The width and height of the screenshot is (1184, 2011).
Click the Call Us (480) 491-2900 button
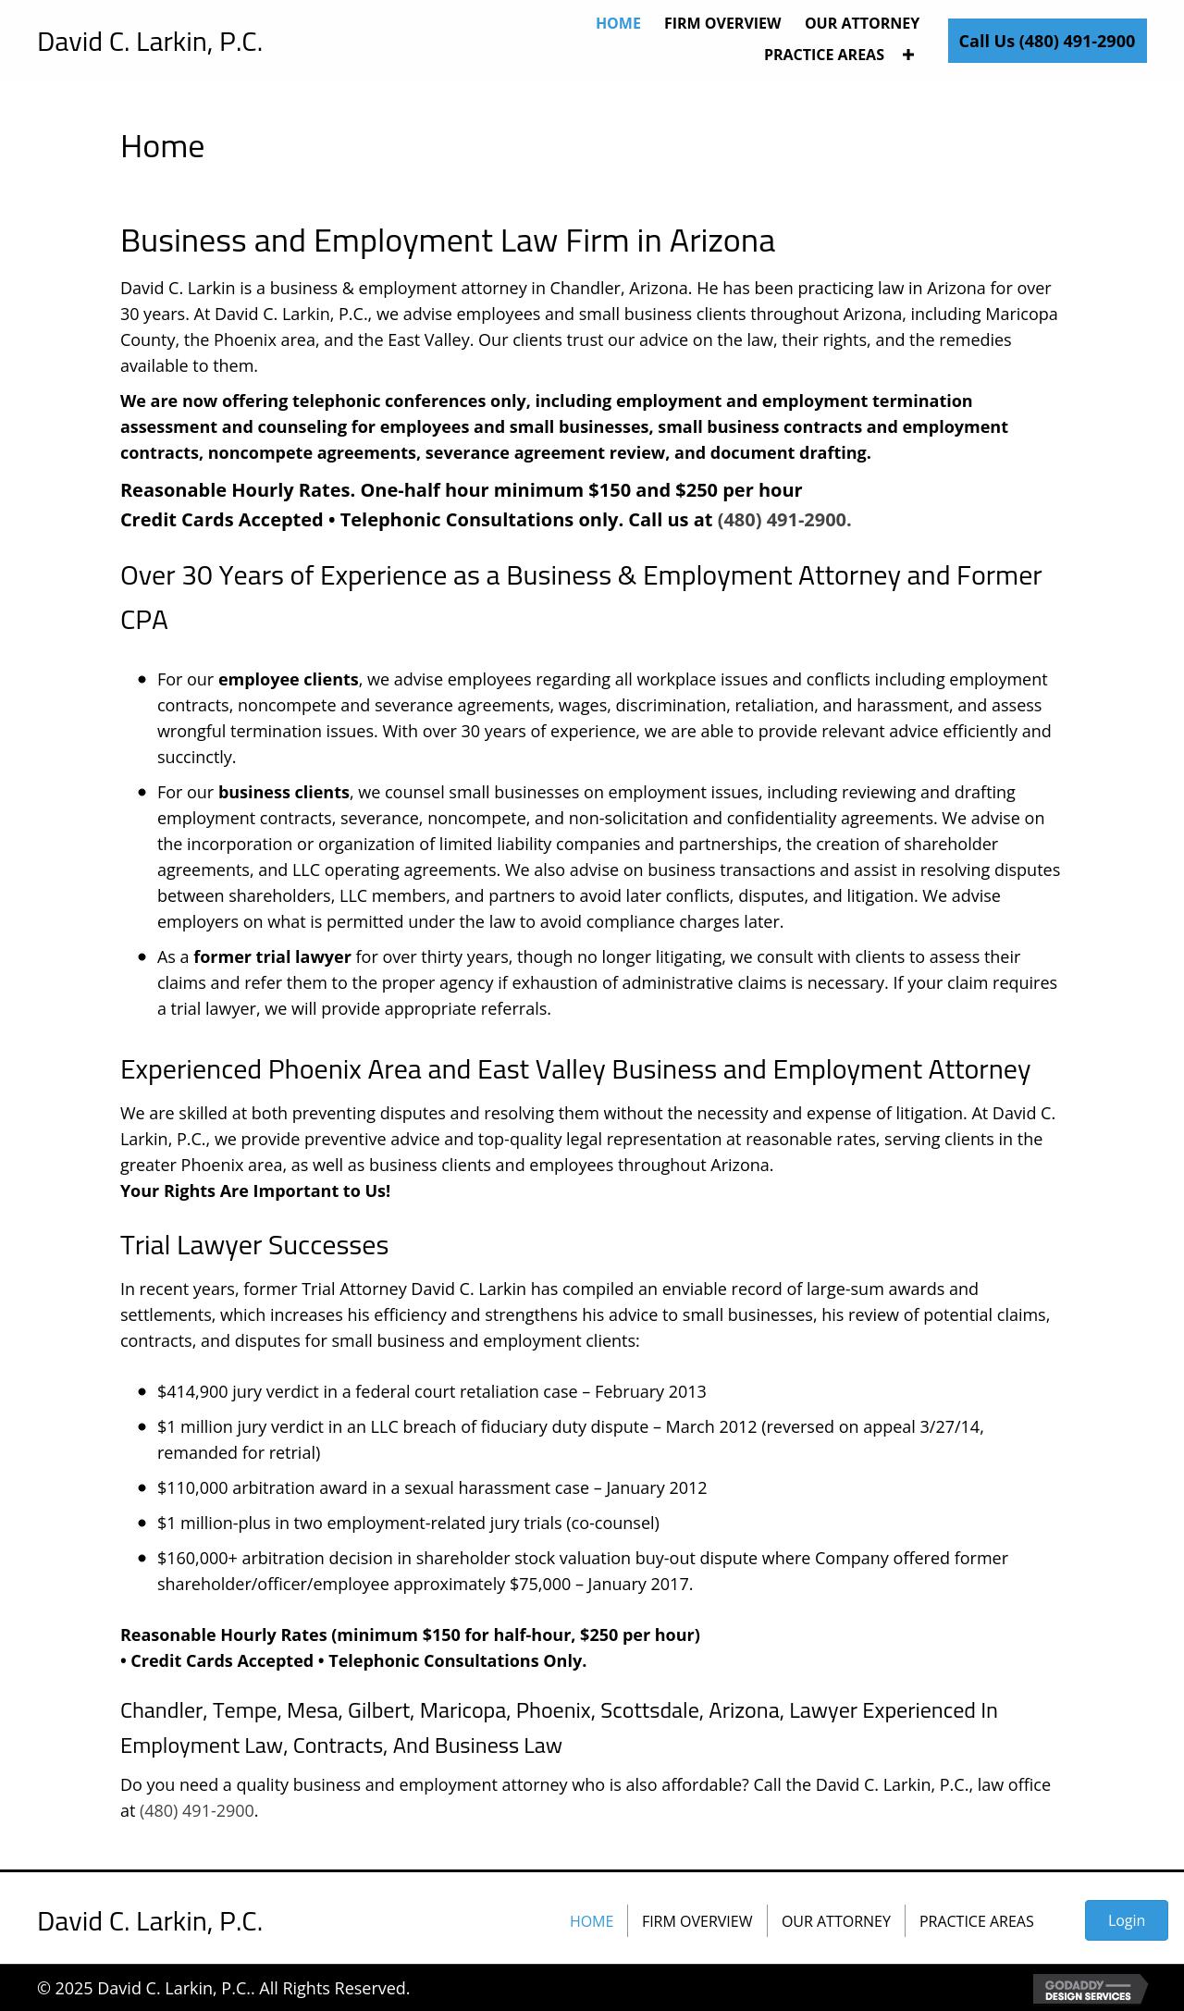[1046, 41]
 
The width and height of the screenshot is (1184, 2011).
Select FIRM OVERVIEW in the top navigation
[722, 23]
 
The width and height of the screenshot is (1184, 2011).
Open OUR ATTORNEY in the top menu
[861, 23]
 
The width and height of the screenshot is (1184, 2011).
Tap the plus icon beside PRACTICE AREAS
[908, 55]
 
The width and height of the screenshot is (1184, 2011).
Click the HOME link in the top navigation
[618, 23]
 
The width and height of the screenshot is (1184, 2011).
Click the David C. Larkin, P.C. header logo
[150, 42]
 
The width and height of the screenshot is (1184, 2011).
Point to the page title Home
[162, 146]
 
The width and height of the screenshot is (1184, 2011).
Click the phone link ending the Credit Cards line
[783, 520]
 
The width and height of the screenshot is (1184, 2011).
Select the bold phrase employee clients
[288, 679]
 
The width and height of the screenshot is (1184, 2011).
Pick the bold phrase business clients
[283, 792]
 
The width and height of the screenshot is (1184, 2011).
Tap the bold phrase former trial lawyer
[272, 956]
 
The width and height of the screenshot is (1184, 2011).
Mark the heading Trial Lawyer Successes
[254, 1245]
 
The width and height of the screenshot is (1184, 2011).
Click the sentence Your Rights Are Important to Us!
[255, 1191]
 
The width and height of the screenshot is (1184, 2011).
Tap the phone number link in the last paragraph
[196, 1810]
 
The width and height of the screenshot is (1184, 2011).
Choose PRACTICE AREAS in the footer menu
[976, 1921]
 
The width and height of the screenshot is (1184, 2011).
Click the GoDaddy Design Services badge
[1090, 1989]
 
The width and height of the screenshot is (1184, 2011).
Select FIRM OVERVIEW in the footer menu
[697, 1921]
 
